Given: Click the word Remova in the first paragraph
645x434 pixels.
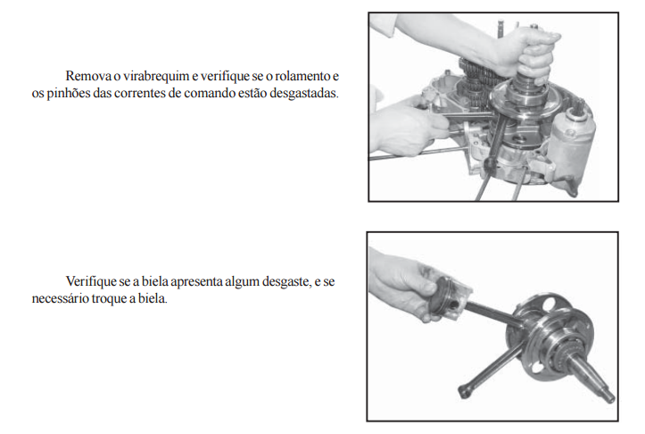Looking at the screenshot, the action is pyautogui.click(x=88, y=76).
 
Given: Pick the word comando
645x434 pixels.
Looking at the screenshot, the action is pyautogui.click(x=210, y=94).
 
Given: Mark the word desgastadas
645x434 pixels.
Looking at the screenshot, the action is pyautogui.click(x=304, y=94).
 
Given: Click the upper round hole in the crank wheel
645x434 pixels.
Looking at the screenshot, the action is pyautogui.click(x=549, y=305).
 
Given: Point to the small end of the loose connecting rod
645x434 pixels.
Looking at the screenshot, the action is pyautogui.click(x=465, y=391).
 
